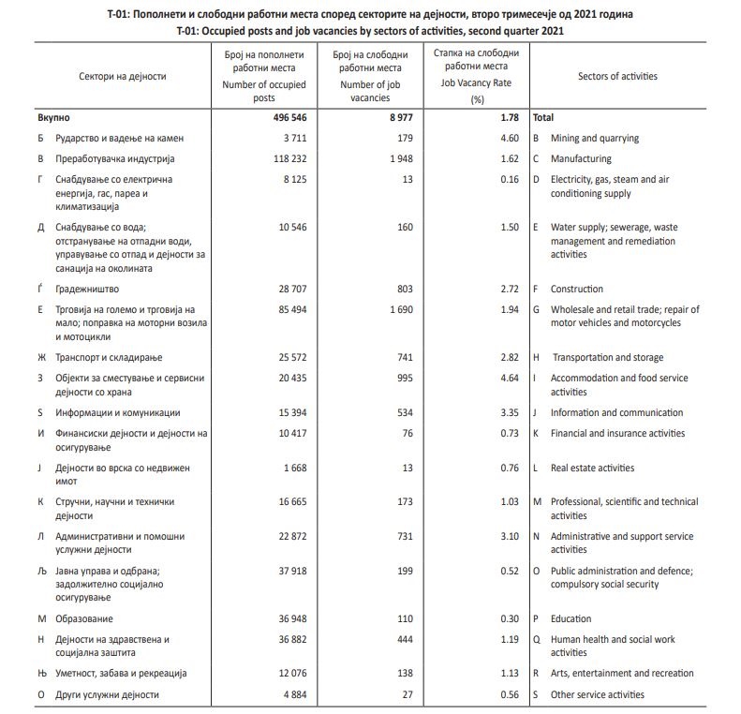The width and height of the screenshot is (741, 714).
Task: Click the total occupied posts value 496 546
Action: (x=283, y=118)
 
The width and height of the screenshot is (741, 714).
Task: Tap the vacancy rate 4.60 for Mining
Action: (x=509, y=138)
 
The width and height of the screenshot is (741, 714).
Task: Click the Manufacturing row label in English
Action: (x=581, y=158)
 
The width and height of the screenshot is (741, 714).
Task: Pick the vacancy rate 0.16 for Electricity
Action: (x=509, y=179)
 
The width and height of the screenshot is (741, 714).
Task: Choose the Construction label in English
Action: (x=576, y=289)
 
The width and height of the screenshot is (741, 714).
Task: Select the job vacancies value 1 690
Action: (x=397, y=309)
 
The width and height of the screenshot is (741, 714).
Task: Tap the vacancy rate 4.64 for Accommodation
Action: (x=509, y=378)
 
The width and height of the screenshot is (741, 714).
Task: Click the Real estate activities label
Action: (x=592, y=468)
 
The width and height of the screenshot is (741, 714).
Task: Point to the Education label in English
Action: (x=571, y=618)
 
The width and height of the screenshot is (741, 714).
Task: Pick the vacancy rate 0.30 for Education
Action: (x=509, y=618)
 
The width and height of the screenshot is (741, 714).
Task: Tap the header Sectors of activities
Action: (x=617, y=76)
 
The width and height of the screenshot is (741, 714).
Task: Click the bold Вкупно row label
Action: (x=54, y=118)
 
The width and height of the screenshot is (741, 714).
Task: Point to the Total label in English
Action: (x=542, y=118)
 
